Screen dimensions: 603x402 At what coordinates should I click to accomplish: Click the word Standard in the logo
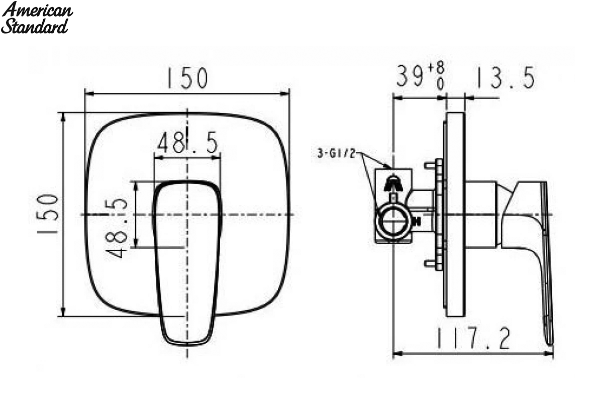pos(35,27)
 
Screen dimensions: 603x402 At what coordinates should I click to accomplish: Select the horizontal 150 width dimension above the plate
pos(187,78)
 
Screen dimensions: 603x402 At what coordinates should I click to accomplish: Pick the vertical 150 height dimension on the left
pos(48,214)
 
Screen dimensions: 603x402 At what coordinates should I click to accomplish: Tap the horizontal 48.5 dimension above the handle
pos(187,143)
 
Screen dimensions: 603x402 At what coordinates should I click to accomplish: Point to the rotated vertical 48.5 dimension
pos(117,228)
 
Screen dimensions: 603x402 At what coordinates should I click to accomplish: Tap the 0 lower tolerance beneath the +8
pos(440,84)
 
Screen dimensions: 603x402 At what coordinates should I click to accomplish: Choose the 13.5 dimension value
pos(506,77)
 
